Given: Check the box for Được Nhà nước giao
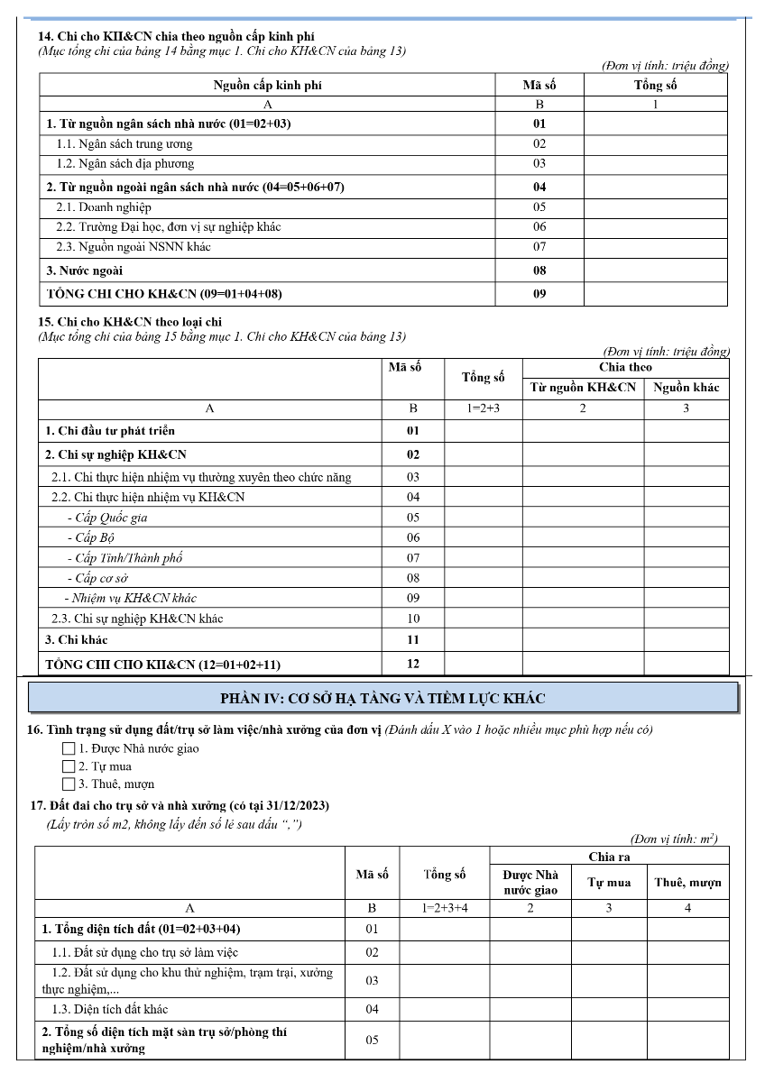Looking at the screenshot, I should tap(69, 748).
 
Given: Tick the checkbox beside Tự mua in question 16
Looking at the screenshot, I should tap(69, 766).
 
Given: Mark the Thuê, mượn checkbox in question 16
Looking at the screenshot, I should tap(69, 784).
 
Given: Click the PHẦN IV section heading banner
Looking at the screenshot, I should tap(382, 698).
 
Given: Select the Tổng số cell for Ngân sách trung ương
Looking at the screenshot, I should tap(655, 144).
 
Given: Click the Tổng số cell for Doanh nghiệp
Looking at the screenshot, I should tap(655, 207).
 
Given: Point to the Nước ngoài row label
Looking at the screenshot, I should tap(85, 270).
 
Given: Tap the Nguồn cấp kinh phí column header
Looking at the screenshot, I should tap(267, 86).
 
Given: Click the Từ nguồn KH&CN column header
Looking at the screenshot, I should tap(583, 388).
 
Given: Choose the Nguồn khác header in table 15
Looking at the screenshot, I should tap(686, 388).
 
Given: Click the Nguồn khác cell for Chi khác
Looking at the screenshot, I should tap(686, 640).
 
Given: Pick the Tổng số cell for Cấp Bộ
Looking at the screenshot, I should tap(484, 537).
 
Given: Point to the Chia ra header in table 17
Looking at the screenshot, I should tap(609, 857).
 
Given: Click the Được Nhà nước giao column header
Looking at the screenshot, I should tap(530, 882).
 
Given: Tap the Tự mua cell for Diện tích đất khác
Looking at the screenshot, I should tap(609, 1009).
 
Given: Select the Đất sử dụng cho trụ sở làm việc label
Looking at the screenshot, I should tap(145, 952).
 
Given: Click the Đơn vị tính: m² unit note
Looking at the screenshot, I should tap(675, 839).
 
